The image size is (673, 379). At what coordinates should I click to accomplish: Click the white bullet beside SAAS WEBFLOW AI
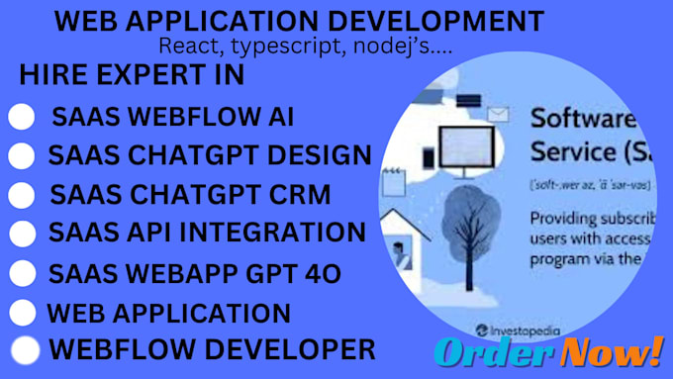(22, 117)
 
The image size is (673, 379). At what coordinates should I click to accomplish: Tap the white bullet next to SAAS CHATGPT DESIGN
(22, 156)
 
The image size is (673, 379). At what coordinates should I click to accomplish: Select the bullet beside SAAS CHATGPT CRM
(22, 195)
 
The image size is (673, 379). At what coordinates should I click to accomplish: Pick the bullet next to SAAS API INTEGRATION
(23, 234)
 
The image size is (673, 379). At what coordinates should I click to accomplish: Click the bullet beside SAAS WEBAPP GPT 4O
(23, 273)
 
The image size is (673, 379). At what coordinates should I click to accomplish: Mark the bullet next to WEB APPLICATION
(23, 313)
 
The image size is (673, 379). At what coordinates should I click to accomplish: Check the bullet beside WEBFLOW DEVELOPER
(25, 349)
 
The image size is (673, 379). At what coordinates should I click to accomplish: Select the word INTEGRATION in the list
(286, 233)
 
